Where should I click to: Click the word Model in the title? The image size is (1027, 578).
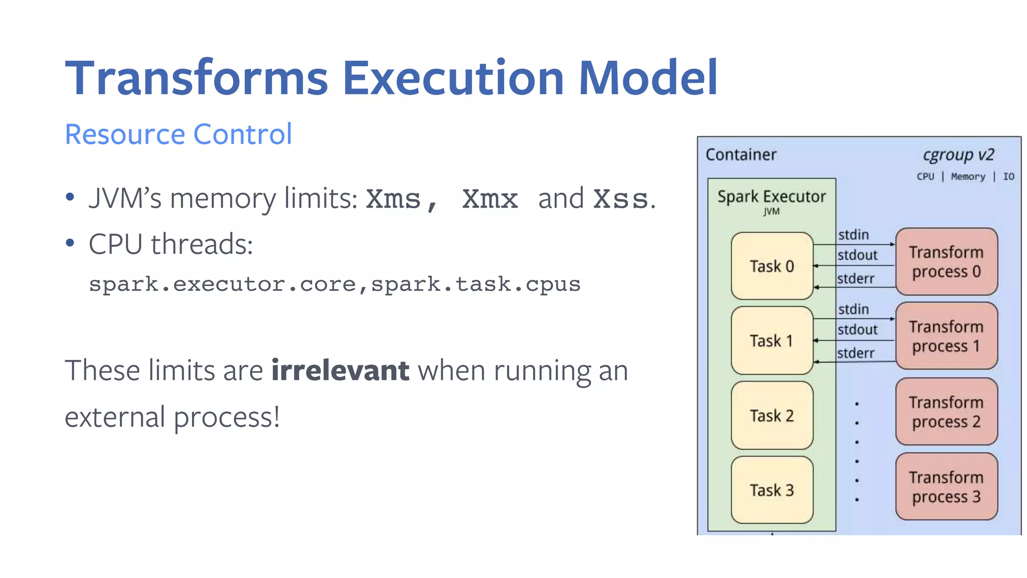click(648, 78)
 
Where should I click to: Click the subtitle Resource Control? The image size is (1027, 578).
click(179, 134)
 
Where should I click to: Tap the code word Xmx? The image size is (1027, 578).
click(489, 199)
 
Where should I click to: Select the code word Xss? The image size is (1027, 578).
click(620, 199)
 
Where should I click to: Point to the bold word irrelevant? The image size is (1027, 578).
click(340, 371)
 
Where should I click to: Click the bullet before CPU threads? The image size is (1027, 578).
click(70, 244)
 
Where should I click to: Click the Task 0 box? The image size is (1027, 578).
click(772, 266)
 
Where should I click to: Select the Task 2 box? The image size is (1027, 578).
click(772, 415)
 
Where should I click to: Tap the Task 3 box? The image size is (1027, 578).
click(772, 490)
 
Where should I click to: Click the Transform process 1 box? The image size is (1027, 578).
click(946, 336)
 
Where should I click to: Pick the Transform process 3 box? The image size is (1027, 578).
click(946, 487)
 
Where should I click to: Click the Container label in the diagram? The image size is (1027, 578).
click(741, 155)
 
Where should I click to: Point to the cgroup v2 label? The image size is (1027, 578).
click(958, 155)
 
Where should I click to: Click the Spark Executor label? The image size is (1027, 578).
click(771, 197)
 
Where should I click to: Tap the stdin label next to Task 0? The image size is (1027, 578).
click(853, 235)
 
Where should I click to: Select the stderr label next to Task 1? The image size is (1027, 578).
click(855, 353)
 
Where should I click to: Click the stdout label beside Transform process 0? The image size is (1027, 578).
click(858, 255)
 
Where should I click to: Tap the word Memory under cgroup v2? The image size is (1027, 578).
click(968, 177)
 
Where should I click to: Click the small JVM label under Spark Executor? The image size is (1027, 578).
click(771, 212)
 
